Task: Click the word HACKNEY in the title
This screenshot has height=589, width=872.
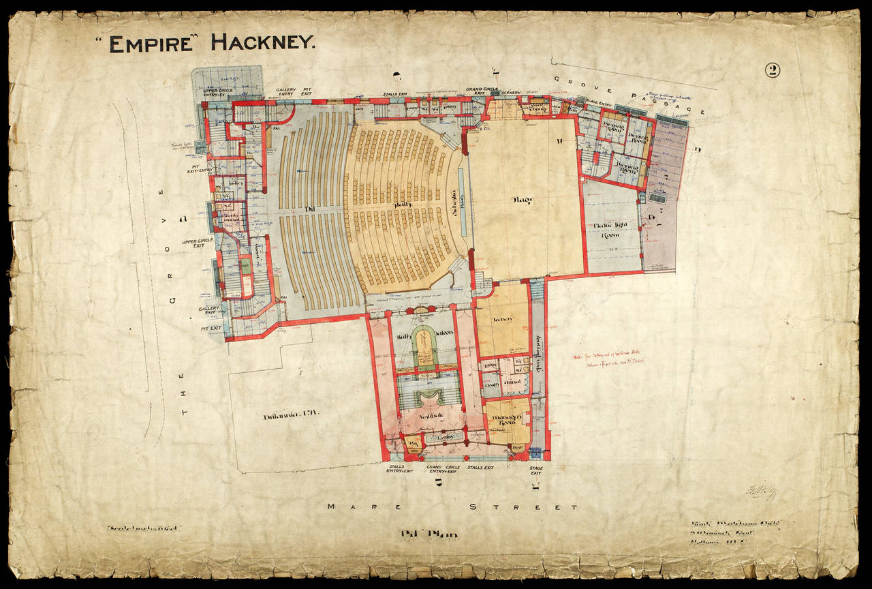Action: coord(263,43)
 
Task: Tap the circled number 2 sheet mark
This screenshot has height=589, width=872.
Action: coord(772,70)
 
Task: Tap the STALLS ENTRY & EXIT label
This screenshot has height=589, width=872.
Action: coord(399,470)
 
